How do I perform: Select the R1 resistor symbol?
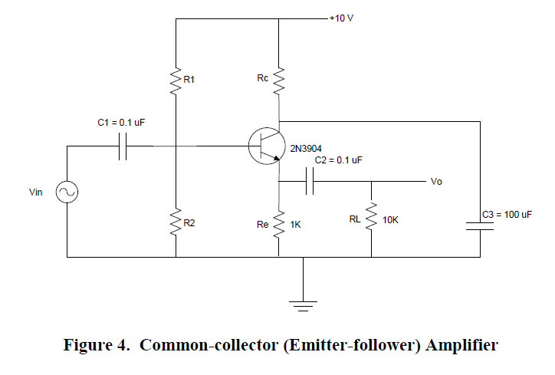(176, 80)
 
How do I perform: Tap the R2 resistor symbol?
(176, 223)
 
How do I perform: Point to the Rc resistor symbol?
(278, 79)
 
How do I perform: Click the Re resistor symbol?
(278, 223)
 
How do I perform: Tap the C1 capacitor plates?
(122, 145)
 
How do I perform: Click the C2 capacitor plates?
(309, 182)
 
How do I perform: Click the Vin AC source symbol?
(67, 192)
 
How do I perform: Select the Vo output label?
(436, 182)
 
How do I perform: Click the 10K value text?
(390, 220)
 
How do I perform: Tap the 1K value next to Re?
(295, 225)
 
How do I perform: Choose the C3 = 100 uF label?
(507, 215)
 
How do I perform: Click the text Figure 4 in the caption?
(90, 345)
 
